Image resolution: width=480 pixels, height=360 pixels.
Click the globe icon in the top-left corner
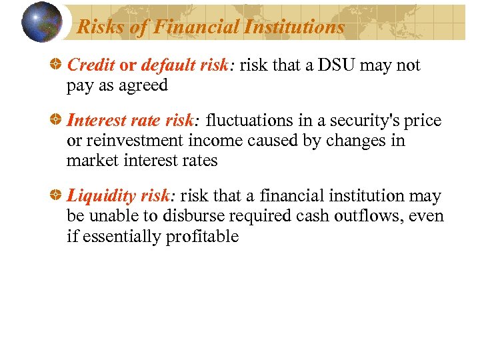41,22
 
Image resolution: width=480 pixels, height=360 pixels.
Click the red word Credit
91,65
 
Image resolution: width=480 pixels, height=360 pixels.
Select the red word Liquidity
102,196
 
